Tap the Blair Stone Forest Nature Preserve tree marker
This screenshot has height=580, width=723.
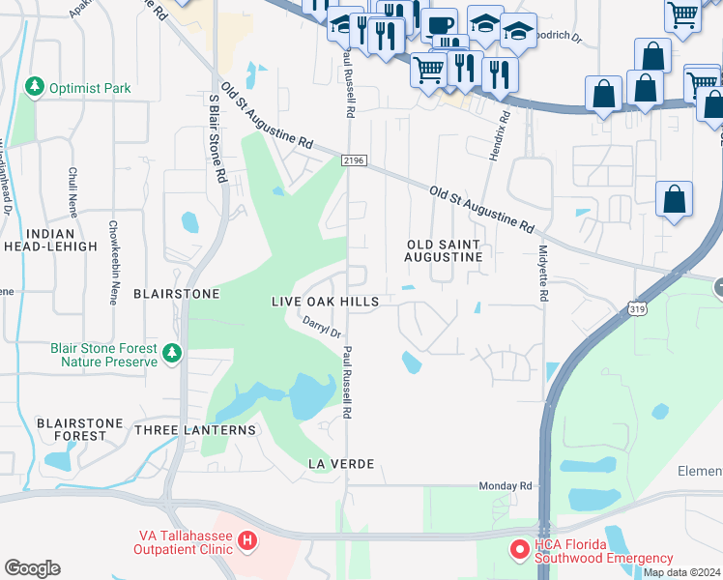pyautogui.click(x=172, y=353)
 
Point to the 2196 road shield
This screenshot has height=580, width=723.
pyautogui.click(x=354, y=161)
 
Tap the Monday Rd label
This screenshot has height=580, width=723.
pyautogui.click(x=506, y=485)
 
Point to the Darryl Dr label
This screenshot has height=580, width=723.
pyautogui.click(x=322, y=327)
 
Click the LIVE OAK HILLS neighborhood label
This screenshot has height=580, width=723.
pyautogui.click(x=324, y=302)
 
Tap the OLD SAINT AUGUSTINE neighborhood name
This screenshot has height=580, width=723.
pyautogui.click(x=444, y=250)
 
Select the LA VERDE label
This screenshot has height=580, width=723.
pyautogui.click(x=340, y=464)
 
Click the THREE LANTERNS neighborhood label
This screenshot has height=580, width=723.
pyautogui.click(x=195, y=429)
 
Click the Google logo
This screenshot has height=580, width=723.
pyautogui.click(x=32, y=567)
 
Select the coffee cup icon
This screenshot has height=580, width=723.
pyautogui.click(x=439, y=22)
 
